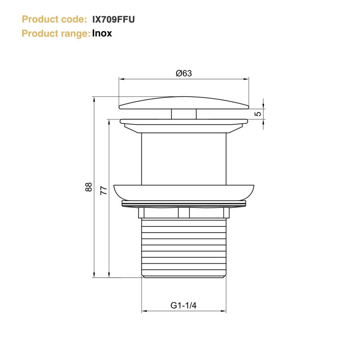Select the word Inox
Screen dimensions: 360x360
point(102,34)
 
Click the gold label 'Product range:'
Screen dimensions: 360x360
point(56,34)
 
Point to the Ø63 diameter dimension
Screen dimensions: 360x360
point(184,73)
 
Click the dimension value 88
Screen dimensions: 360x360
point(88,187)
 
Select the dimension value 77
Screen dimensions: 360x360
point(103,190)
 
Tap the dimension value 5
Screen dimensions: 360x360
point(258,114)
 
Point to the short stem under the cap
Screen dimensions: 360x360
point(184,114)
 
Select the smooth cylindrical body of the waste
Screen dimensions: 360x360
point(184,158)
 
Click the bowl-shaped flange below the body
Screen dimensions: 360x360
point(184,192)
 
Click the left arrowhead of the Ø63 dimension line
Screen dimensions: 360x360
point(121,79)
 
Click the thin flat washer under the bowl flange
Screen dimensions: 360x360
point(184,204)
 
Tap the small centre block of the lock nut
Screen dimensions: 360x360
point(184,213)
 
